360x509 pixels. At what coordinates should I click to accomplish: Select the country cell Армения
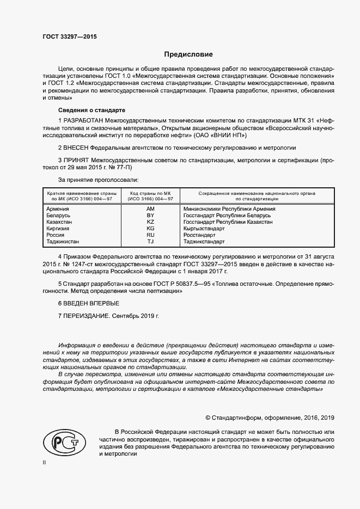click(x=58, y=208)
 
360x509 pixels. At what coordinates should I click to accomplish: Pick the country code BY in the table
click(x=151, y=215)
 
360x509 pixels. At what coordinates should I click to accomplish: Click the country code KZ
click(x=151, y=222)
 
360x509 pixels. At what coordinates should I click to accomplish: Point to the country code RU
click(x=151, y=235)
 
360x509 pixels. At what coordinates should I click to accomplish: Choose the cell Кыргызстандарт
click(x=204, y=228)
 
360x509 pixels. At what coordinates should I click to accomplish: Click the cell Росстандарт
click(x=200, y=235)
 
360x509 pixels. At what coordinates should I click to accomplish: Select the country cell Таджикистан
click(x=63, y=241)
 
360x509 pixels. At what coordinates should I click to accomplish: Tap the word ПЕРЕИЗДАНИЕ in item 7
click(x=86, y=316)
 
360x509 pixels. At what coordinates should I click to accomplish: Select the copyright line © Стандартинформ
click(x=270, y=418)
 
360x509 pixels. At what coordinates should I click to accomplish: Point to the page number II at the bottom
click(x=44, y=462)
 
